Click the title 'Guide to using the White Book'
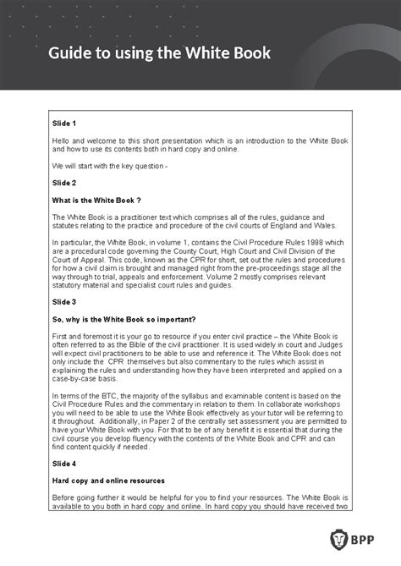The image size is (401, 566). click(x=159, y=53)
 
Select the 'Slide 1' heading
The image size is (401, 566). click(x=64, y=124)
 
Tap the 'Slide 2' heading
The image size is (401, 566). click(x=64, y=182)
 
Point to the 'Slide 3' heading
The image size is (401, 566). click(x=64, y=302)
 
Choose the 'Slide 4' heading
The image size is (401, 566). click(x=64, y=464)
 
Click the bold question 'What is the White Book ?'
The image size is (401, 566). click(x=96, y=200)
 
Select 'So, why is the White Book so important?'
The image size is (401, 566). click(x=124, y=319)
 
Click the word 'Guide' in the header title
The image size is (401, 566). click(x=71, y=53)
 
